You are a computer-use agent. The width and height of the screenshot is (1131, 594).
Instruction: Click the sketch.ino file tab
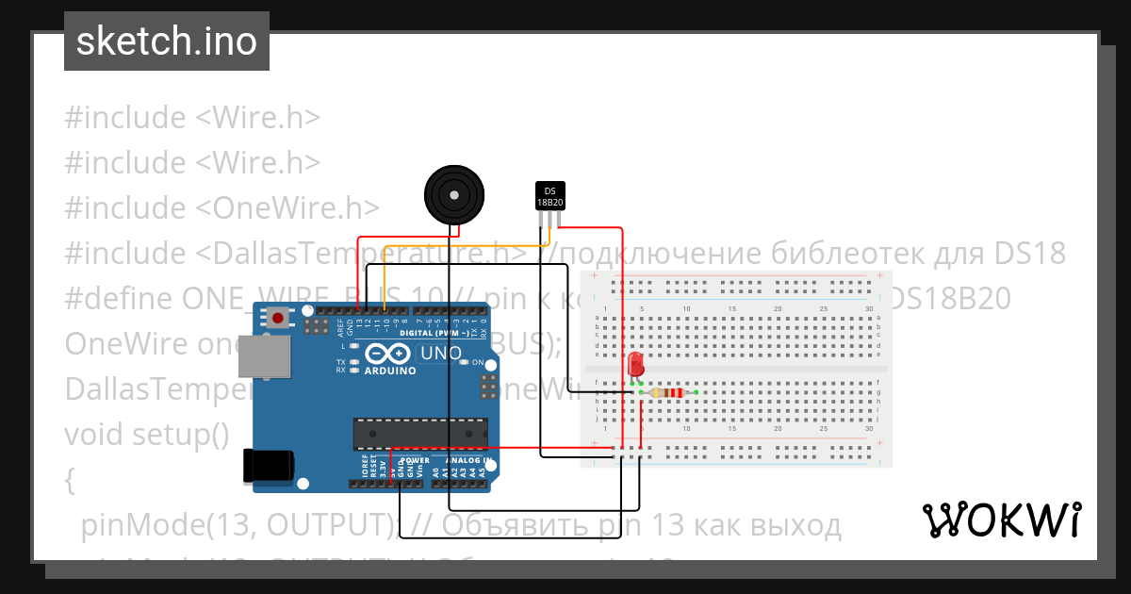coord(166,41)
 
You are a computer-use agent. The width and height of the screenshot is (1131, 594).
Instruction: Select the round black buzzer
coord(454,194)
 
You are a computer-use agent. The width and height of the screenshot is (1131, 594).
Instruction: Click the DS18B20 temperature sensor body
coord(549,195)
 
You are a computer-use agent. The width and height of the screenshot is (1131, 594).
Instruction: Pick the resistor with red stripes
coord(668,392)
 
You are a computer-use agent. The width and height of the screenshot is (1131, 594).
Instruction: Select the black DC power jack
coord(269,466)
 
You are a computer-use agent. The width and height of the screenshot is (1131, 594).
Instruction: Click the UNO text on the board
coord(441,354)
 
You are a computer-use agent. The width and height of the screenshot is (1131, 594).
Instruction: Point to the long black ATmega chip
coord(419,433)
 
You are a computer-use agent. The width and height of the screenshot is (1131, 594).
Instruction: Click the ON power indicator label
coord(478,363)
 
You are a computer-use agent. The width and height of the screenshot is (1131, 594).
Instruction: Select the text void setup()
coord(147,435)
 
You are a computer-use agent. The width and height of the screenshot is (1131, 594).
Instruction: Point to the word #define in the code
coord(117,299)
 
